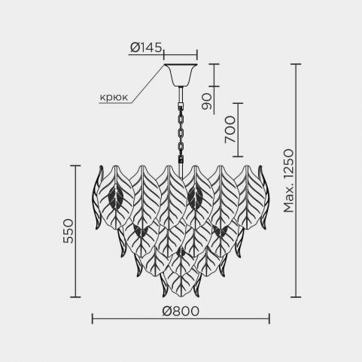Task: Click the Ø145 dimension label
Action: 146,47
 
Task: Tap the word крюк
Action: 114,97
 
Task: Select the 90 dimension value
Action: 207,102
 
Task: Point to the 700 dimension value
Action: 230,129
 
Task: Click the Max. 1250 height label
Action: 288,181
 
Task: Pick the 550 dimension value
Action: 68,231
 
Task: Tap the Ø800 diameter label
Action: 181,311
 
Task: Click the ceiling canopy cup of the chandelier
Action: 181,75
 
